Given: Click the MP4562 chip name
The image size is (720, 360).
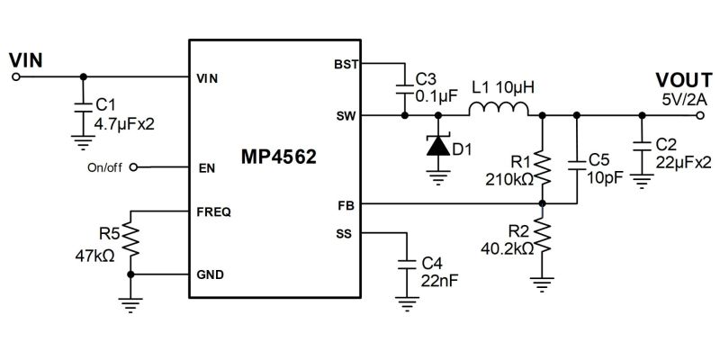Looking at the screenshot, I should point(278,156).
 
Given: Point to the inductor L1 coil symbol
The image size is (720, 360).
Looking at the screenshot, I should point(499,111).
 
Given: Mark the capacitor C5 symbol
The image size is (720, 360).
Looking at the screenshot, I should point(577,165).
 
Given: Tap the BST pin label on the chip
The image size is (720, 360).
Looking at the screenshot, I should point(344,64).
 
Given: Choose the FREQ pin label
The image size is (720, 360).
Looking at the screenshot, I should point(214,212).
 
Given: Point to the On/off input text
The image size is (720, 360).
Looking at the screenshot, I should point(107,167).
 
